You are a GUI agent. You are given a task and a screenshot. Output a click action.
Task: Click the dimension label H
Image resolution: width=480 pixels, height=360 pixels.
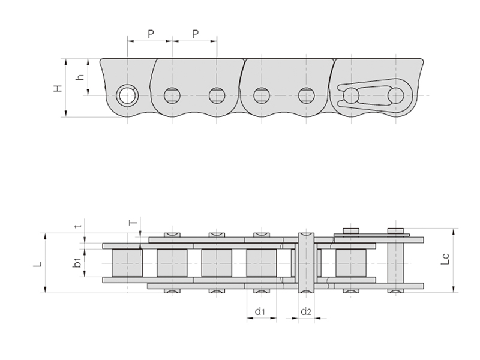58,88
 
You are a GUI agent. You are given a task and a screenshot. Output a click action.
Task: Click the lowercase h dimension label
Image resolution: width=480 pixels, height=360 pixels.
80,76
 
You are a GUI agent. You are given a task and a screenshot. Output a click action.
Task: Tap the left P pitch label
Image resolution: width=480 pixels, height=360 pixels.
151,34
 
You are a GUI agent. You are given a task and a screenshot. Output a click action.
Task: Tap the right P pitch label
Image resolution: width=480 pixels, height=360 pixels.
196,34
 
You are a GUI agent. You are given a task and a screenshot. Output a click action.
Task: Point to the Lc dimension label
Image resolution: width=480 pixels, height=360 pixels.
446,259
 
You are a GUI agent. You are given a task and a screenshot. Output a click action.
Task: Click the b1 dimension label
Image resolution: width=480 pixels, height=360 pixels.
78,263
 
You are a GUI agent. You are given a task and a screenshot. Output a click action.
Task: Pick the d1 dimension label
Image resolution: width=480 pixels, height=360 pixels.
260,311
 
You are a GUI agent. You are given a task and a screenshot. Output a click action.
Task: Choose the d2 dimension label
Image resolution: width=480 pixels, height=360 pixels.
305,311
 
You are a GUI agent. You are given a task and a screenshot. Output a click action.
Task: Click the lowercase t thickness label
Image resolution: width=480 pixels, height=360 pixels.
79,226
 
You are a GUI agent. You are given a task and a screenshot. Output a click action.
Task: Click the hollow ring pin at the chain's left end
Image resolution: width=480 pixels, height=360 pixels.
127,95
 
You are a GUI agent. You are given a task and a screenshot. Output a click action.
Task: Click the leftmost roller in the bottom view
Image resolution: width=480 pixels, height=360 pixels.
127,263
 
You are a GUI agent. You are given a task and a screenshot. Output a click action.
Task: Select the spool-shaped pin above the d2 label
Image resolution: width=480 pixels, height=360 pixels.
306,263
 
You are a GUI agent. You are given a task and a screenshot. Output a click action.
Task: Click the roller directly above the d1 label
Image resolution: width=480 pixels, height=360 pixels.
262,263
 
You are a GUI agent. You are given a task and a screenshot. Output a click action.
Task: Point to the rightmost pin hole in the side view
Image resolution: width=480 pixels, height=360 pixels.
395,95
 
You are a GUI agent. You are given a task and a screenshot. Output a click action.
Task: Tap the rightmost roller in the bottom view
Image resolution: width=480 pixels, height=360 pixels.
351,263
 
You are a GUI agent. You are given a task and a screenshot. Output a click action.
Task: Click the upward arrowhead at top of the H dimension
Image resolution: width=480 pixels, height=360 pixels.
66,62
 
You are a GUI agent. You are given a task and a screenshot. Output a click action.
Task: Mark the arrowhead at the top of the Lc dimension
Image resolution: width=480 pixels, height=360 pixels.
454,232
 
